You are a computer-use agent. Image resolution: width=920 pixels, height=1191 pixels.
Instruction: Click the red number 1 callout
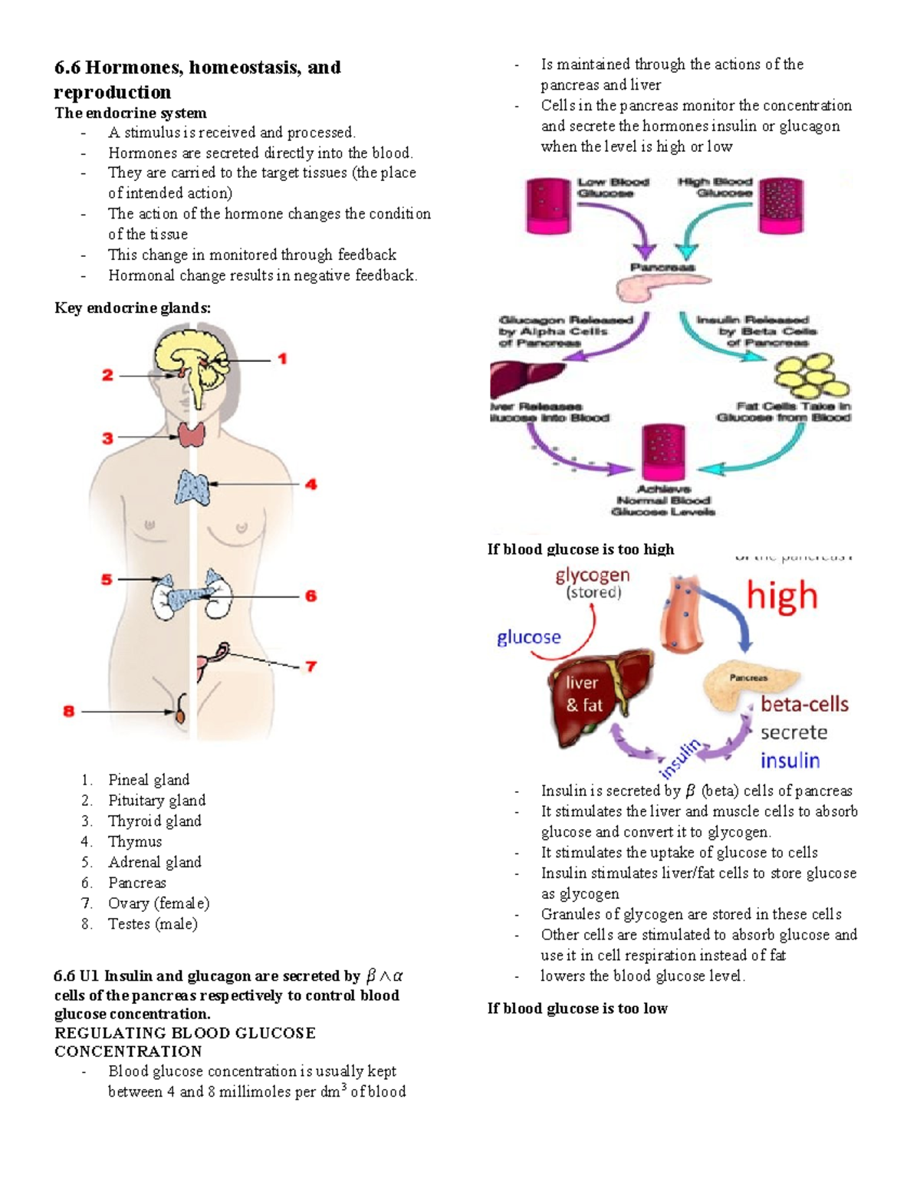(282, 359)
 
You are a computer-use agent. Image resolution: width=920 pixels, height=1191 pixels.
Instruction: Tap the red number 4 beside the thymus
(310, 485)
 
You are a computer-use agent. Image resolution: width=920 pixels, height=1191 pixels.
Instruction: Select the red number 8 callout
(69, 712)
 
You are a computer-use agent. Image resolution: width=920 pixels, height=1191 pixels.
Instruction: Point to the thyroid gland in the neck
(192, 435)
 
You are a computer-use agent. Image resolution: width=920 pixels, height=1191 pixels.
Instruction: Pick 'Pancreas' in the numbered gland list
(136, 883)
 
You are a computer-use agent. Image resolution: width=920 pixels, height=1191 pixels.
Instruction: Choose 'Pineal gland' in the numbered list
(148, 780)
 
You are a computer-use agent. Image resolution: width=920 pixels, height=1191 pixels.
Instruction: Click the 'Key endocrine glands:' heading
(132, 308)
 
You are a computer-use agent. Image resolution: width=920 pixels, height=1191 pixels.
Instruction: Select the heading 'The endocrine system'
(130, 113)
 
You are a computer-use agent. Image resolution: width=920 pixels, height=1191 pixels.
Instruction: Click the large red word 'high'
(782, 596)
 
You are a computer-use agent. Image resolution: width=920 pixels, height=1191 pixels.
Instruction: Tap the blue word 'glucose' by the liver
(528, 637)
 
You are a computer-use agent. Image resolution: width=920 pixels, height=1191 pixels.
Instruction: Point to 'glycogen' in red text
(593, 575)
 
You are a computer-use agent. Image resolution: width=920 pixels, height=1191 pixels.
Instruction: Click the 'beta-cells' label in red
(804, 704)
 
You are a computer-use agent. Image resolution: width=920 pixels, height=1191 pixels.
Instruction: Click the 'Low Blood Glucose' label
(613, 188)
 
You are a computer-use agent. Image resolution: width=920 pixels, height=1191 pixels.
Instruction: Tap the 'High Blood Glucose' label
(715, 188)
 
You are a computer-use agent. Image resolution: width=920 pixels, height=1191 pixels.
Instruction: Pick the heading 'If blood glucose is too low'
(577, 1008)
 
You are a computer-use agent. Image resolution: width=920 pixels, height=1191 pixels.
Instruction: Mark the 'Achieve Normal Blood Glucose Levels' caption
(664, 500)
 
